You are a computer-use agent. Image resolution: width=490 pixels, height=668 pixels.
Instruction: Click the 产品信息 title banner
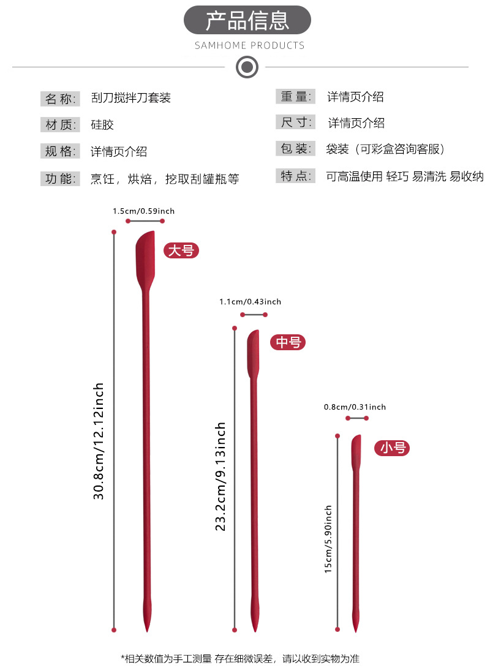pyautogui.click(x=247, y=20)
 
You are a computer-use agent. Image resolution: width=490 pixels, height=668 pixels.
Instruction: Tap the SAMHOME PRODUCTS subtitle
pyautogui.click(x=250, y=45)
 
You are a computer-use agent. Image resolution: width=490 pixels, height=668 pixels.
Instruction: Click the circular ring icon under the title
pyautogui.click(x=247, y=67)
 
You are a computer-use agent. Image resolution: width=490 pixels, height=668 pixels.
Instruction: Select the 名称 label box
pyautogui.click(x=60, y=99)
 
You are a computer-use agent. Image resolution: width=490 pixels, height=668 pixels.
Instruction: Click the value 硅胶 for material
pyautogui.click(x=102, y=125)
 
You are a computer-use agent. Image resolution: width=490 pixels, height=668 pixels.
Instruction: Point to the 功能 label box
pyautogui.click(x=60, y=179)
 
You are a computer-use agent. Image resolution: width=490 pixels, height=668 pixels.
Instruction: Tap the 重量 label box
pyautogui.click(x=295, y=97)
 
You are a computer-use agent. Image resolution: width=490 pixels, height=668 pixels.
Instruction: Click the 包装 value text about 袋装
pyautogui.click(x=386, y=149)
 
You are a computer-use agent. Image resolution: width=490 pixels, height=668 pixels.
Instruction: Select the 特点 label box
pyautogui.click(x=295, y=176)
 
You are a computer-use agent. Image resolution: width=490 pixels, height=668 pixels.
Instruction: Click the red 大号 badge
pyautogui.click(x=181, y=250)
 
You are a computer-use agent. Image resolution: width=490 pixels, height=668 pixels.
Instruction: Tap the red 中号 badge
pyautogui.click(x=288, y=342)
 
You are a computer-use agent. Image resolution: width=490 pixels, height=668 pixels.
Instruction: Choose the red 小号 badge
pyautogui.click(x=392, y=448)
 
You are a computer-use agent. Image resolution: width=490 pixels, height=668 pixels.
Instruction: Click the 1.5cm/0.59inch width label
pyautogui.click(x=143, y=211)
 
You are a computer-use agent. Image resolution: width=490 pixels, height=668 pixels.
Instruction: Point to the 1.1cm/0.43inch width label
pyautogui.click(x=250, y=302)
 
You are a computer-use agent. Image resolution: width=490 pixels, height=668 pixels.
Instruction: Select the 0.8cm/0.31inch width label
pyautogui.click(x=355, y=407)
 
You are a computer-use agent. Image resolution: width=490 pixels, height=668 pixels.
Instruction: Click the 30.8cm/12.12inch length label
pyautogui.click(x=99, y=441)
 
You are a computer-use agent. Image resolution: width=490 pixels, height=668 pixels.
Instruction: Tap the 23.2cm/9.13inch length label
pyautogui.click(x=220, y=477)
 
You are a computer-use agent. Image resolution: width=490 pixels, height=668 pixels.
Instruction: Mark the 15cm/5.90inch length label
pyautogui.click(x=328, y=539)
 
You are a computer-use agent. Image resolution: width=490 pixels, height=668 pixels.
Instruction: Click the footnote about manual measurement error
pyautogui.click(x=240, y=659)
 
